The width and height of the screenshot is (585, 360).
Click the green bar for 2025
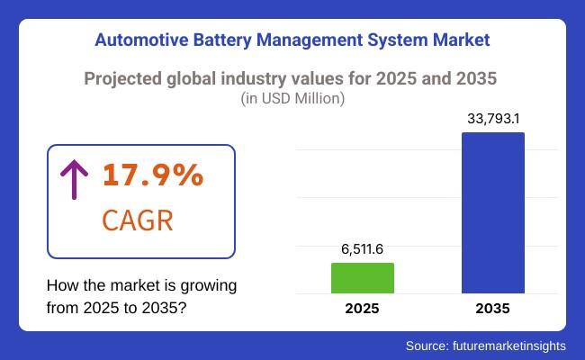[363, 277]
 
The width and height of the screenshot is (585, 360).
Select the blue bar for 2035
[492, 212]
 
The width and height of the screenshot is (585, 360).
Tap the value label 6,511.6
[363, 248]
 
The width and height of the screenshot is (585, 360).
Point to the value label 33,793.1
[492, 117]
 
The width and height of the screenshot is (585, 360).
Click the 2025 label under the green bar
[363, 309]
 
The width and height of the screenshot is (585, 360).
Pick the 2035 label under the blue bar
[492, 309]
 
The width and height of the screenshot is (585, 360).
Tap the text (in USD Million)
[292, 99]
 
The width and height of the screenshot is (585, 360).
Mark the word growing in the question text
[208, 286]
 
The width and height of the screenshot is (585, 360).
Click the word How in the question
[61, 286]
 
